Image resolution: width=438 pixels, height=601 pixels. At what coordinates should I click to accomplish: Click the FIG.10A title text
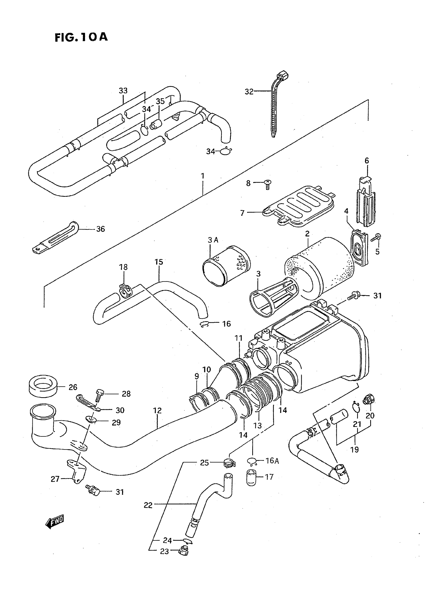pos(81,37)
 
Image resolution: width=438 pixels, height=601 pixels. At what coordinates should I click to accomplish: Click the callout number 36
pos(100,229)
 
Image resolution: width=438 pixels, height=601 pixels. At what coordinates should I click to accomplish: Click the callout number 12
pos(157,411)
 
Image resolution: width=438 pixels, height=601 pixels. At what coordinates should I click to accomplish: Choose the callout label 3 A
pos(213,240)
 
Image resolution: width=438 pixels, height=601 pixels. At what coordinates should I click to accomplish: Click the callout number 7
pos(242,213)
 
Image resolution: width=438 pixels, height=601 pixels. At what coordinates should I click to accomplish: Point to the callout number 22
pos(148,505)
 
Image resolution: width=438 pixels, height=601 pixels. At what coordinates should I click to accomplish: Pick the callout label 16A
pos(272,461)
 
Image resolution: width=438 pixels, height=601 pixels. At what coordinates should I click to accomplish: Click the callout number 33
pos(123,91)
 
